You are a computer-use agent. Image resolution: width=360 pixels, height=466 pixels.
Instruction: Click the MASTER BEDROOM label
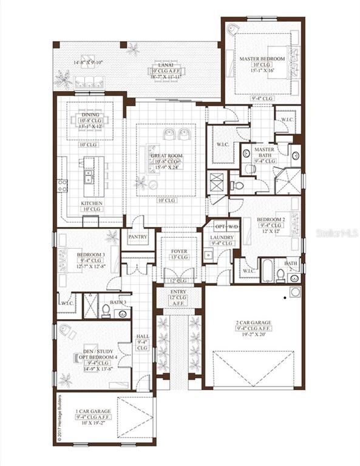coord(262,58)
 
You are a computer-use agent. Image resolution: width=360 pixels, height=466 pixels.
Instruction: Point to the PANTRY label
coord(138,236)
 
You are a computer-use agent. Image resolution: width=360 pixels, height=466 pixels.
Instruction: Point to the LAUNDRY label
coord(218,237)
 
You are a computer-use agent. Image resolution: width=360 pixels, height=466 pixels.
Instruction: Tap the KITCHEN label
coord(92,203)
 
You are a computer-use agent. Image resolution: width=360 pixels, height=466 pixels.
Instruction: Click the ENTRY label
coord(178,291)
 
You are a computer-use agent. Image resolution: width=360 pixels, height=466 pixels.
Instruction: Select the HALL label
coord(142,336)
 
